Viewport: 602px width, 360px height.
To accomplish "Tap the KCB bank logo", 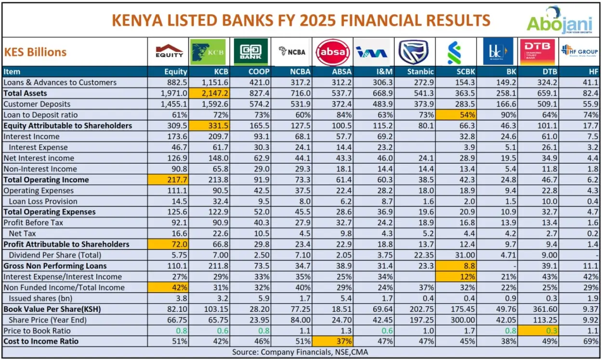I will pyautogui.click(x=208, y=51).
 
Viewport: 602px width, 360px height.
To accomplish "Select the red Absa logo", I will pyautogui.click(x=332, y=52).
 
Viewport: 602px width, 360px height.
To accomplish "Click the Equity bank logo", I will pyautogui.click(x=169, y=51).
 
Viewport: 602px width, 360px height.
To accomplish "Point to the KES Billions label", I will pyautogui.click(x=36, y=52).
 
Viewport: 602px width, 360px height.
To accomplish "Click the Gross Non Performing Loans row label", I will pyautogui.click(x=55, y=266).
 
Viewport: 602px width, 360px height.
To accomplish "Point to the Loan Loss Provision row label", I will pyautogui.click(x=43, y=201).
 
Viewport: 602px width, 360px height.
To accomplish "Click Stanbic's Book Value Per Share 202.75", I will pyautogui.click(x=421, y=309).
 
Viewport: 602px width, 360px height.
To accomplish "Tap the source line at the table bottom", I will pyautogui.click(x=301, y=352).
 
